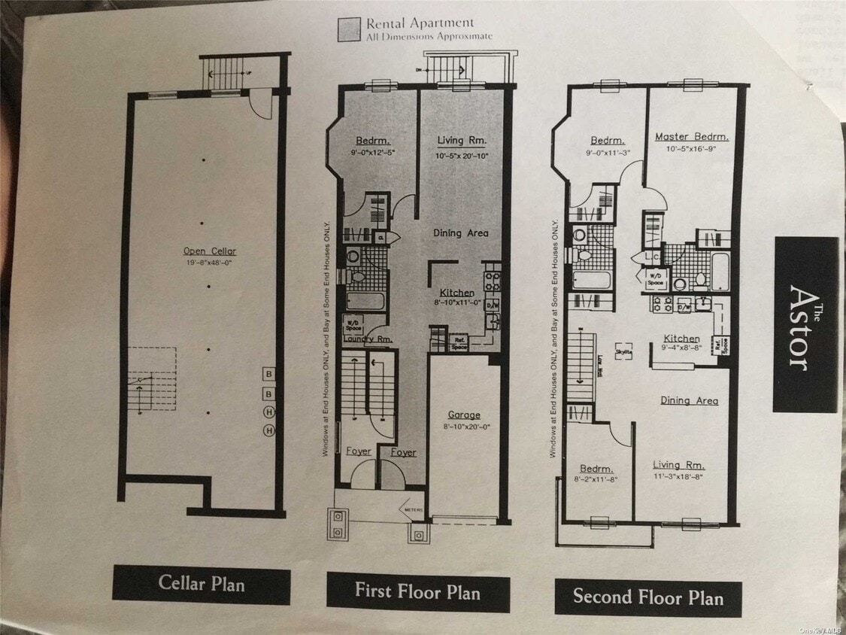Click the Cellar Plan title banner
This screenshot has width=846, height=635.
(202, 584)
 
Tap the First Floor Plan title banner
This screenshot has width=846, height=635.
(417, 591)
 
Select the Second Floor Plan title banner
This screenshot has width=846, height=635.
(647, 598)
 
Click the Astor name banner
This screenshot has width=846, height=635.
(805, 325)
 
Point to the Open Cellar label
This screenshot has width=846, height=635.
(210, 251)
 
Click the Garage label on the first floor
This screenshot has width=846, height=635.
(464, 415)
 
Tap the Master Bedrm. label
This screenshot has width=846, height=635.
(691, 137)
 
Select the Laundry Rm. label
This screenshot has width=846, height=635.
(368, 339)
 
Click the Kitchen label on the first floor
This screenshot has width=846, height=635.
(457, 293)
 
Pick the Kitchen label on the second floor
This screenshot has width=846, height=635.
(681, 339)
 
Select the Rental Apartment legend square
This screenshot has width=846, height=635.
(347, 29)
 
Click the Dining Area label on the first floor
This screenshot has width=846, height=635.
(460, 233)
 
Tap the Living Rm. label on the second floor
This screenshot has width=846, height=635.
(678, 465)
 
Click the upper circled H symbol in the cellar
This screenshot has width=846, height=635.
(268, 412)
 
